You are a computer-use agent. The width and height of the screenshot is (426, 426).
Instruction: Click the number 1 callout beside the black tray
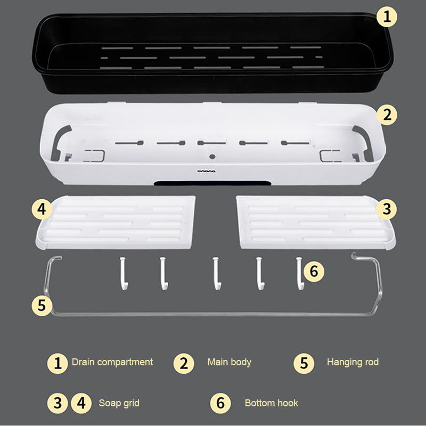point(387,17)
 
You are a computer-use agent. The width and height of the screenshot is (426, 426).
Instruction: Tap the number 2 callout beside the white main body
point(387,115)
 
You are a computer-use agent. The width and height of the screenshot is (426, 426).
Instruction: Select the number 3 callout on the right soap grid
point(387,209)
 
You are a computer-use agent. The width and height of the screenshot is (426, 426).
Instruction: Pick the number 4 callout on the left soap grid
point(42,209)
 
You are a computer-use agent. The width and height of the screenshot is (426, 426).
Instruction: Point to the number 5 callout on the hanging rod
point(42,305)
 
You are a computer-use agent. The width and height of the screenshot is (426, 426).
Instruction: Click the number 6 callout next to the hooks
point(314,272)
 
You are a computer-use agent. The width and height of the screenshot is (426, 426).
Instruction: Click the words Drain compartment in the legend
point(112,362)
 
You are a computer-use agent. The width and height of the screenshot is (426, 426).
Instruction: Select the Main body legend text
point(230,362)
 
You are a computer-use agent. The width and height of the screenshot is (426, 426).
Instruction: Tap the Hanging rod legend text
point(353,362)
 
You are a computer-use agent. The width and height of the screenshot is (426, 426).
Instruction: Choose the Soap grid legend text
point(119,403)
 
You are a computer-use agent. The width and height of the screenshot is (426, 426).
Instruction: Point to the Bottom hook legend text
point(272,403)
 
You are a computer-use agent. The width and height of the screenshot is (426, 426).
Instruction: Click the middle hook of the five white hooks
point(216,273)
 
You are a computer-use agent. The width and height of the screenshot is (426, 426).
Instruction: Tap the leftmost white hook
point(124,273)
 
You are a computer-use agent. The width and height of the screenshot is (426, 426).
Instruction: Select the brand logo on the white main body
point(207,171)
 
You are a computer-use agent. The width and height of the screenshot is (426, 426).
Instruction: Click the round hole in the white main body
point(212,157)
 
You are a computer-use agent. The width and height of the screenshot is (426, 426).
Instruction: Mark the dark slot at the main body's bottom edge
point(212,183)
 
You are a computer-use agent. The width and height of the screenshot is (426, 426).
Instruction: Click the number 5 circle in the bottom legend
point(304,364)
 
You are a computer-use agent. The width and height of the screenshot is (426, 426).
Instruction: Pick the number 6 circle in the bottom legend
point(220,403)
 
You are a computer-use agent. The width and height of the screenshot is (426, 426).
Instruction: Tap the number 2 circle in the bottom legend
point(184,364)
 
